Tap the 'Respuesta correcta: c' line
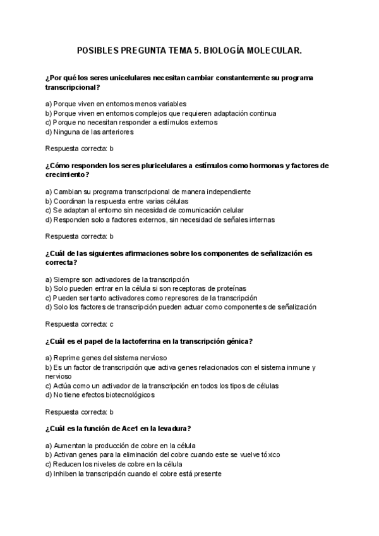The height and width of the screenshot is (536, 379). tap(80, 324)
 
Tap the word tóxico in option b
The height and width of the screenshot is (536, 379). tap(268, 454)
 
